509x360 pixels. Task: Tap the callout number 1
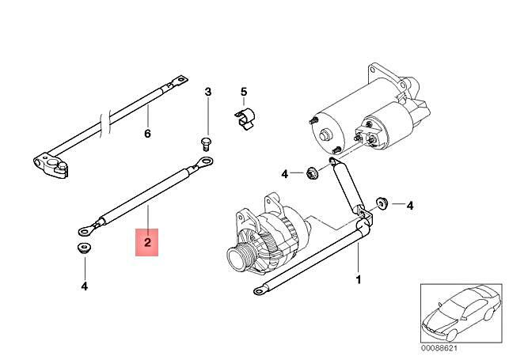tap(357, 279)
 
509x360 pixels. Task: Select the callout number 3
tap(208, 93)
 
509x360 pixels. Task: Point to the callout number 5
tap(244, 92)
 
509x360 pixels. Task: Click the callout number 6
tap(146, 133)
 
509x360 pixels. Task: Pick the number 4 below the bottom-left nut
tap(84, 286)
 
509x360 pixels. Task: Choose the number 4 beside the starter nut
tap(284, 173)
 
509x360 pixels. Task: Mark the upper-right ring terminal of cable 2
tap(206, 164)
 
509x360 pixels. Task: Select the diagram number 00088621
tap(438, 347)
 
